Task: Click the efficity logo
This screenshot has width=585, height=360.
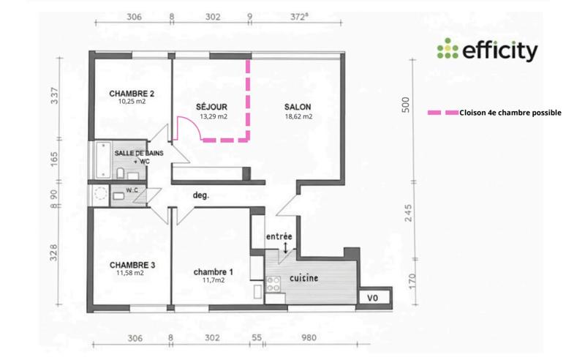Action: (x=487, y=50)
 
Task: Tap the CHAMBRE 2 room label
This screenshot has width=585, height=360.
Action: (x=132, y=94)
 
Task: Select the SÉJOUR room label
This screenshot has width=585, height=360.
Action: (x=211, y=107)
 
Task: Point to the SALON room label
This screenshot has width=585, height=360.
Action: (x=298, y=107)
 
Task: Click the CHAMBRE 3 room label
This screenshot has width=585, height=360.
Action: (x=132, y=264)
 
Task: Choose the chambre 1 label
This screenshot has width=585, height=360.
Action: (x=208, y=270)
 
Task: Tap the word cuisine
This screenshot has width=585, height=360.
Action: (x=303, y=279)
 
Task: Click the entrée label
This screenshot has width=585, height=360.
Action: (x=279, y=236)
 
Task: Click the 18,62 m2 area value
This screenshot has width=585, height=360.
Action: (x=298, y=116)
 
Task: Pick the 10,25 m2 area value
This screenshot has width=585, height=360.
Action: (x=132, y=102)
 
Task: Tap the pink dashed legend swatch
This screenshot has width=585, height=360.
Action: (x=442, y=113)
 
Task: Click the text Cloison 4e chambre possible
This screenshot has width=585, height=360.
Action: (x=510, y=113)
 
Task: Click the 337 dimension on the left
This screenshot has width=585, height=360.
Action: (x=55, y=96)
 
